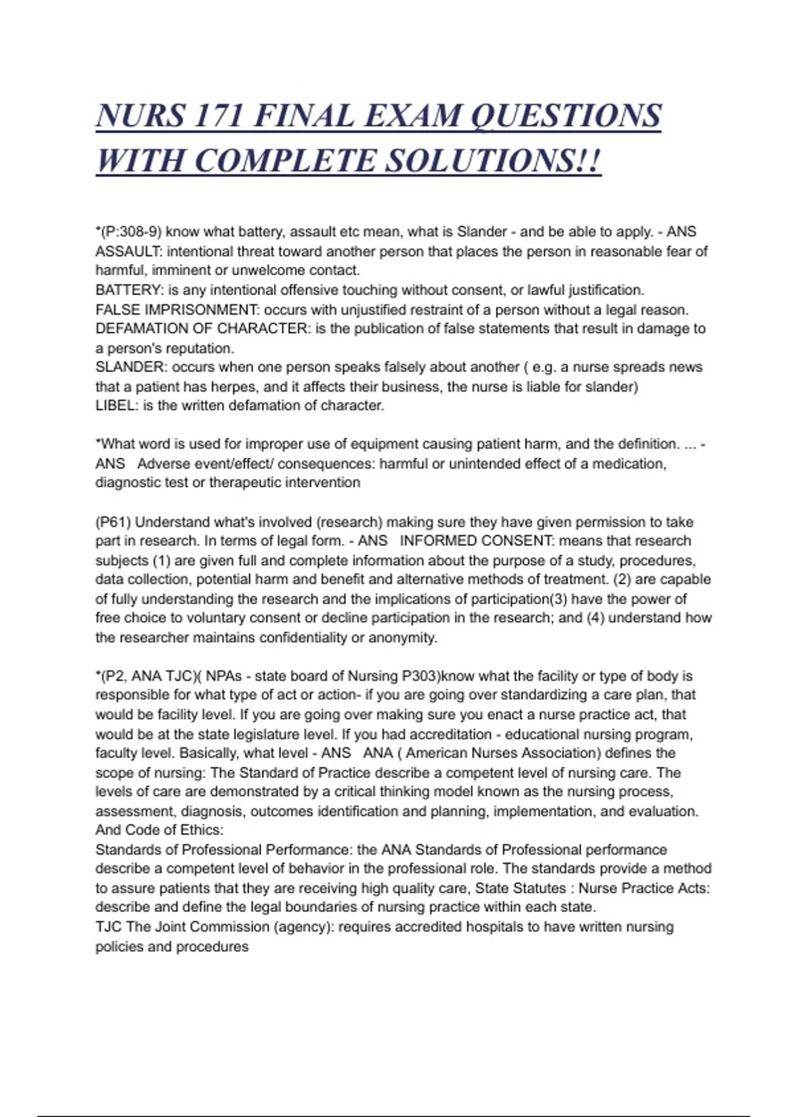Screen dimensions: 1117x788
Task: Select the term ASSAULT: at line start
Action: pyautogui.click(x=129, y=251)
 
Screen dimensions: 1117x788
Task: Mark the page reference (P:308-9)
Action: pyautogui.click(x=131, y=231)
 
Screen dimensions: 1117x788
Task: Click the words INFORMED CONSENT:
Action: pyautogui.click(x=477, y=541)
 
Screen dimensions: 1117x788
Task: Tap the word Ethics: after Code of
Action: pyautogui.click(x=202, y=830)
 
